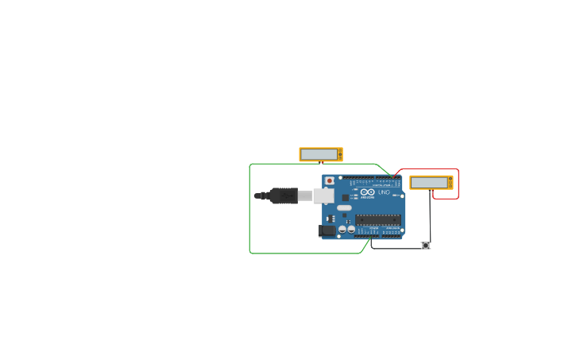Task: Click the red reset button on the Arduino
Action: click(x=330, y=181)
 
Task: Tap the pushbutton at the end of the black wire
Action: click(x=426, y=246)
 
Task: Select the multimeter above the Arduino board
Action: click(x=321, y=154)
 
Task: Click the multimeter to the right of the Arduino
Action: click(x=431, y=183)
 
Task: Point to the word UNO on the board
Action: click(x=384, y=192)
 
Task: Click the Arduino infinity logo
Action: click(x=366, y=192)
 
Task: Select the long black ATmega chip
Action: click(x=377, y=219)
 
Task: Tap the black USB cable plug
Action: click(x=283, y=195)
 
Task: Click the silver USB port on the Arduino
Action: click(x=323, y=195)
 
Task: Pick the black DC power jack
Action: click(x=327, y=230)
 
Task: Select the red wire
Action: click(x=458, y=184)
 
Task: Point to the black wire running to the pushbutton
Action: click(x=397, y=249)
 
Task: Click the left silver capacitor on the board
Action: click(x=342, y=229)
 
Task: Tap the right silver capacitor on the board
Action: click(x=351, y=229)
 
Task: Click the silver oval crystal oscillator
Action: click(x=344, y=208)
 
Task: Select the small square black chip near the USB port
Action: click(x=346, y=197)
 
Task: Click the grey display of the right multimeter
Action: click(x=429, y=183)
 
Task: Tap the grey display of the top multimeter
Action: click(x=319, y=154)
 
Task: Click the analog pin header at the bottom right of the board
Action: click(x=391, y=236)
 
